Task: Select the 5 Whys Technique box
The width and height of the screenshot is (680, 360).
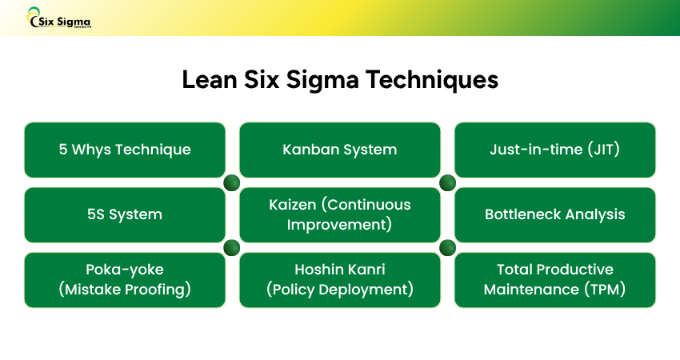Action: pyautogui.click(x=125, y=150)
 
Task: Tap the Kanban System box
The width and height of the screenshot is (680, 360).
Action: pyautogui.click(x=340, y=150)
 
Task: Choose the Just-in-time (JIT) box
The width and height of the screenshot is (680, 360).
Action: pyautogui.click(x=555, y=150)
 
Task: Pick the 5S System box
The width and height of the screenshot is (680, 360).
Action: pyautogui.click(x=125, y=214)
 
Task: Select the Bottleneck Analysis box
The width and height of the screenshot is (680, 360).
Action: pyautogui.click(x=555, y=214)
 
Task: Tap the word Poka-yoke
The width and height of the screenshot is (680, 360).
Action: pyautogui.click(x=125, y=270)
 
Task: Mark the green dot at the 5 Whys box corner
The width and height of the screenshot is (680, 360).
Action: pyautogui.click(x=232, y=182)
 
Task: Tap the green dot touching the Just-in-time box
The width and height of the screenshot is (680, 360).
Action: pyautogui.click(x=447, y=182)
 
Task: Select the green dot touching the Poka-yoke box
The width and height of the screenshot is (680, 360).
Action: pyautogui.click(x=232, y=247)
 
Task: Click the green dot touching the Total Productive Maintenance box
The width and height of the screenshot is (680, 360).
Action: pyautogui.click(x=447, y=247)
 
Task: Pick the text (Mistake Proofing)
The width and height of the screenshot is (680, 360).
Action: pyautogui.click(x=125, y=290)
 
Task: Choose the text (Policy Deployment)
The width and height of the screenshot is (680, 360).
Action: pyautogui.click(x=340, y=290)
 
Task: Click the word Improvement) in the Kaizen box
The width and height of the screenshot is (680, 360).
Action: pyautogui.click(x=340, y=225)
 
